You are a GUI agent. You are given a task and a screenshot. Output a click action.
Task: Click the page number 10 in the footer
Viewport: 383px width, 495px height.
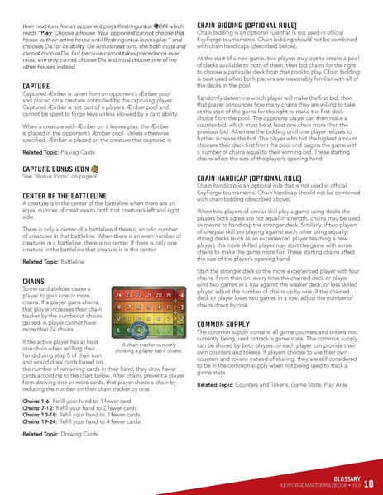coord(368,483)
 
